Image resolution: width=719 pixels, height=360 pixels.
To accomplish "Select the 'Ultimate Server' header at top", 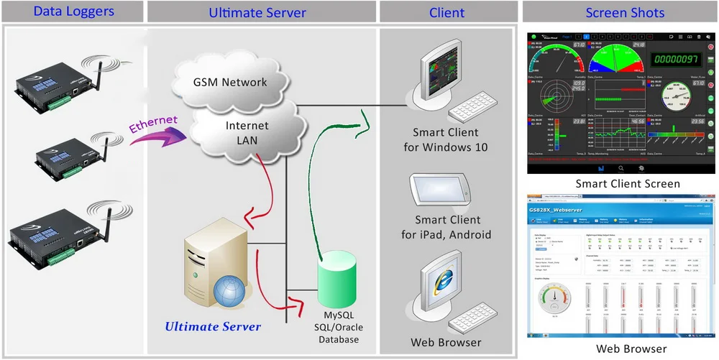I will click(x=257, y=12).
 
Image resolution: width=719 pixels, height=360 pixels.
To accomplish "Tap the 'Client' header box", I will click(x=446, y=12).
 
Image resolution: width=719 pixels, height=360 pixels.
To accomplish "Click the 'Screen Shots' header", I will click(x=619, y=12).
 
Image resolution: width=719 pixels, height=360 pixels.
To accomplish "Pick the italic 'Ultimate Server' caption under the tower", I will click(x=213, y=327).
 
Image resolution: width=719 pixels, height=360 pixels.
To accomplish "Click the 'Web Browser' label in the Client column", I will click(x=446, y=342).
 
